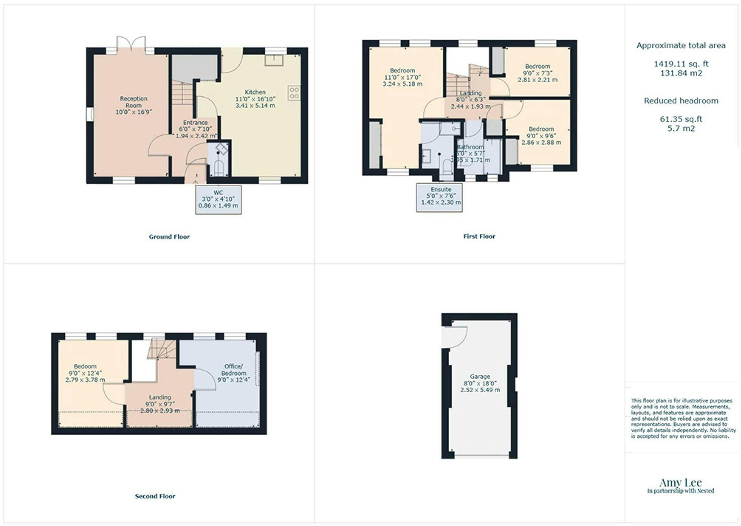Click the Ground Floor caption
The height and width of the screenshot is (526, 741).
pos(169,237)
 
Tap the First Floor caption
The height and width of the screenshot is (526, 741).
pos(479,237)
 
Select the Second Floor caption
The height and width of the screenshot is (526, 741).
pos(155,496)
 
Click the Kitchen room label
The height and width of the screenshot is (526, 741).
pos(255,92)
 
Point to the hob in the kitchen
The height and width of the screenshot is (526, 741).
pos(294,93)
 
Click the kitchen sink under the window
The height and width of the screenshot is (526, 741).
pos(274,60)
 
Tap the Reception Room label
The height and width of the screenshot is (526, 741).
pos(133,102)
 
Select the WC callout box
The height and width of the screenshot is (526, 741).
pos(218,200)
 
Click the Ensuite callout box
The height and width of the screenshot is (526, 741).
pos(440,197)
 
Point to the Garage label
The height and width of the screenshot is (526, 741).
pos(480,377)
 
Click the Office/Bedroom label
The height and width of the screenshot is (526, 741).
pos(234,370)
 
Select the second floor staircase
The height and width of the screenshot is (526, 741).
pos(162,348)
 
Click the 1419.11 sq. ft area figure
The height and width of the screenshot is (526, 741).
pos(681,64)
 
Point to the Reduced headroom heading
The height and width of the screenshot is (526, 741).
pos(681,101)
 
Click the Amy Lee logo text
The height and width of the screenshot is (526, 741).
pos(681,483)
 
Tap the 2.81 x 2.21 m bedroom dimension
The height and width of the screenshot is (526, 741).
pos(537,80)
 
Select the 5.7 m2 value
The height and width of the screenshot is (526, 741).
pos(681,128)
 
